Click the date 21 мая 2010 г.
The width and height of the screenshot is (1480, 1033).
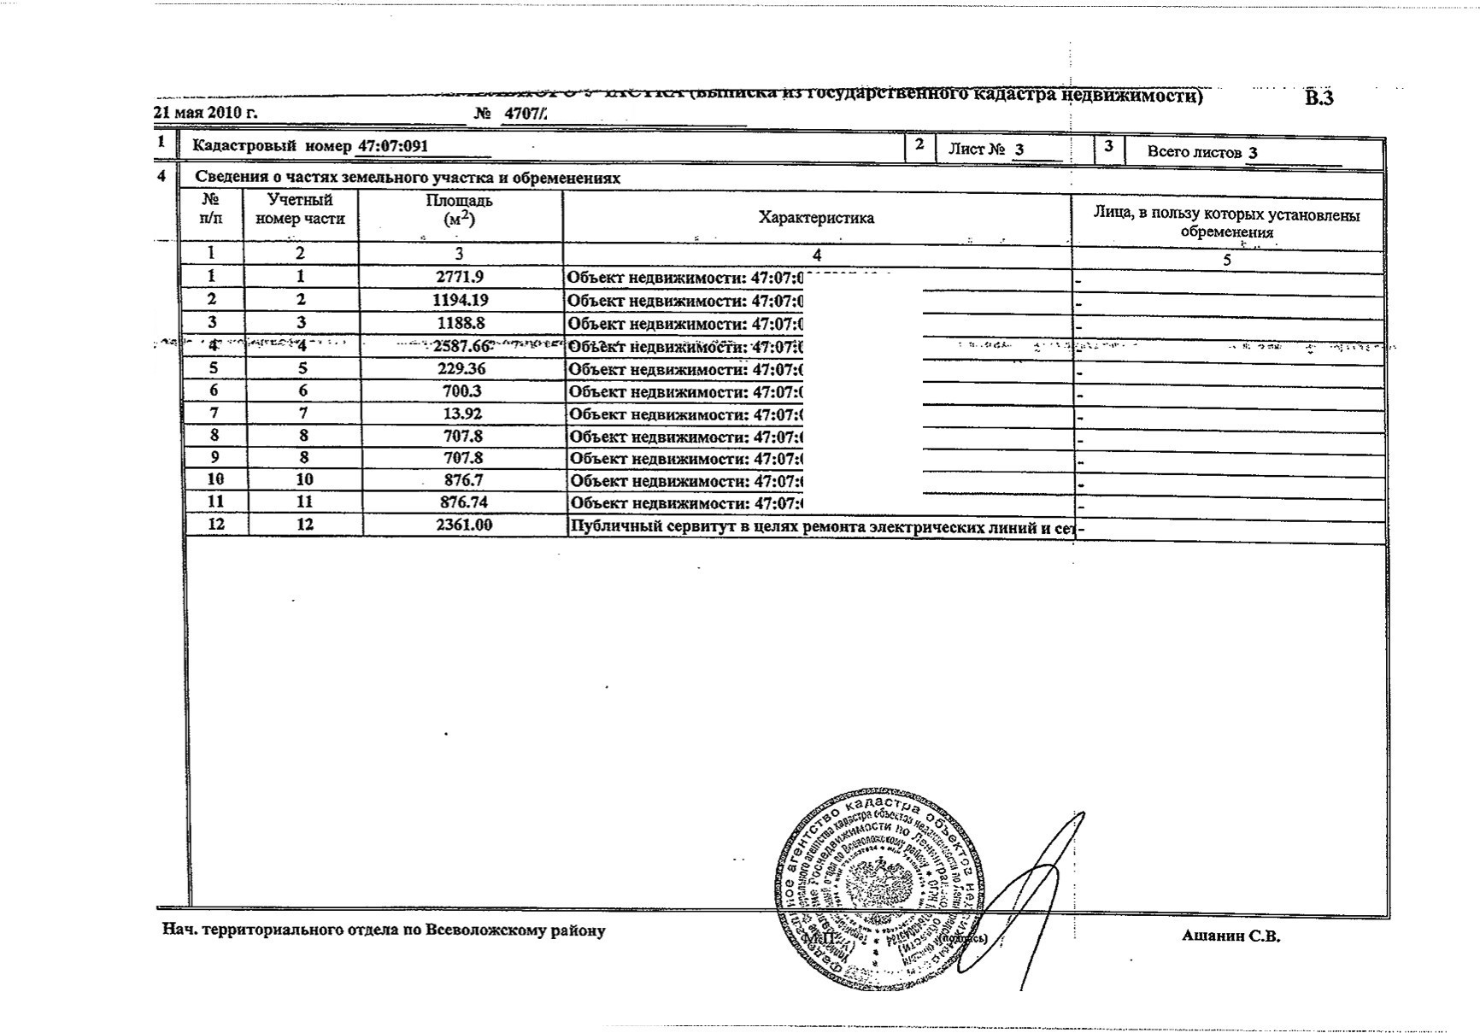pyautogui.click(x=205, y=113)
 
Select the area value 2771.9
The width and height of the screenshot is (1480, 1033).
pyautogui.click(x=460, y=277)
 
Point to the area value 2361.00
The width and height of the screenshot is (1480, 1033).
pyautogui.click(x=463, y=525)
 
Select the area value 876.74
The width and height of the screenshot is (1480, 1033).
pyautogui.click(x=461, y=502)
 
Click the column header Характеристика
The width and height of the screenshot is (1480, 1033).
pyautogui.click(x=816, y=218)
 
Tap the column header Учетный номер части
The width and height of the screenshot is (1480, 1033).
pyautogui.click(x=300, y=209)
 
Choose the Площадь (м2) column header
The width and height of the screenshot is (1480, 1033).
pyautogui.click(x=459, y=210)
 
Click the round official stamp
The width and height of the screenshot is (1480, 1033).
pyautogui.click(x=880, y=889)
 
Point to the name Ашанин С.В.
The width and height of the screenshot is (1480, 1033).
pyautogui.click(x=1230, y=936)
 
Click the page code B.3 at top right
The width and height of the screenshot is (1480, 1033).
pyautogui.click(x=1318, y=98)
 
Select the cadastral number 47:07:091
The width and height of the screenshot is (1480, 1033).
pyautogui.click(x=392, y=145)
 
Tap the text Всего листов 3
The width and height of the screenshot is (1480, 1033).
pyautogui.click(x=1201, y=153)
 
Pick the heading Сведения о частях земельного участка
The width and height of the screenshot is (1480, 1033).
pyautogui.click(x=408, y=178)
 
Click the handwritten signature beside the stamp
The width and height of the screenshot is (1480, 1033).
pyautogui.click(x=1038, y=897)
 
